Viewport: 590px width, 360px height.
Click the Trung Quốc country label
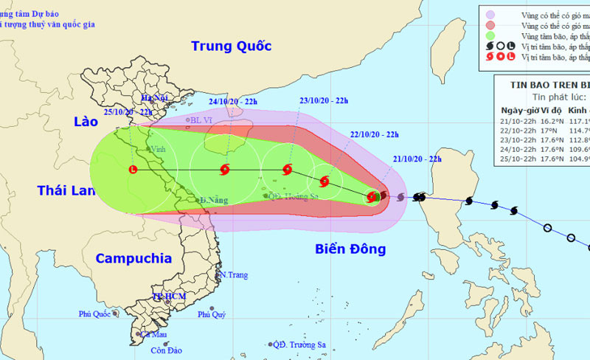pos(231,46)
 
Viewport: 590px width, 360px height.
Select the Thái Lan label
pos(67,191)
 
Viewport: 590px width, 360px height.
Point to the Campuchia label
pos(133,258)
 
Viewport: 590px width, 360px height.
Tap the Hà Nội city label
pos(156,98)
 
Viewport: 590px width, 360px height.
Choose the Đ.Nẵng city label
pos(214,200)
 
